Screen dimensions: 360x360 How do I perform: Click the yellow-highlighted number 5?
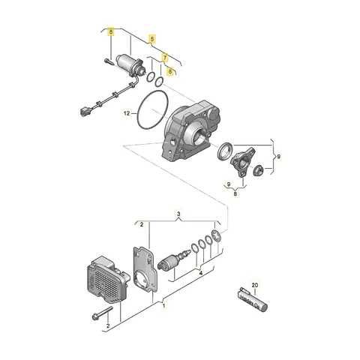(x=153, y=38)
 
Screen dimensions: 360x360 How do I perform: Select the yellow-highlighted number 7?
(x=165, y=56)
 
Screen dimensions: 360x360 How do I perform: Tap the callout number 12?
(x=127, y=114)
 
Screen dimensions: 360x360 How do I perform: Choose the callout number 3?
(x=178, y=214)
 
